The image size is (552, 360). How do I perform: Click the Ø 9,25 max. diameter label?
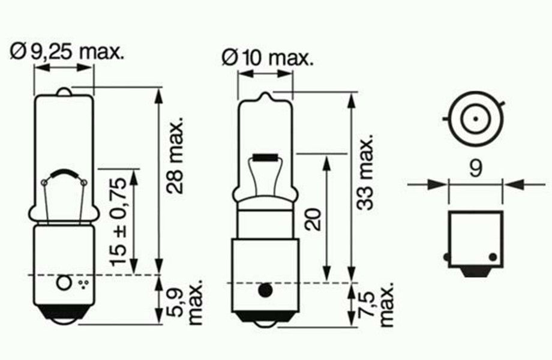[x=67, y=52]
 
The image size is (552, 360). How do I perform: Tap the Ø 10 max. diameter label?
[x=268, y=58]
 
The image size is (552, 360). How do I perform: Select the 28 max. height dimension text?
[x=175, y=155]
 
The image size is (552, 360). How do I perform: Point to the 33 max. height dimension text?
[x=364, y=172]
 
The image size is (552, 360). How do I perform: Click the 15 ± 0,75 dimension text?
[x=118, y=222]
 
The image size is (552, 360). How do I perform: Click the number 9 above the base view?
[x=476, y=169]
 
